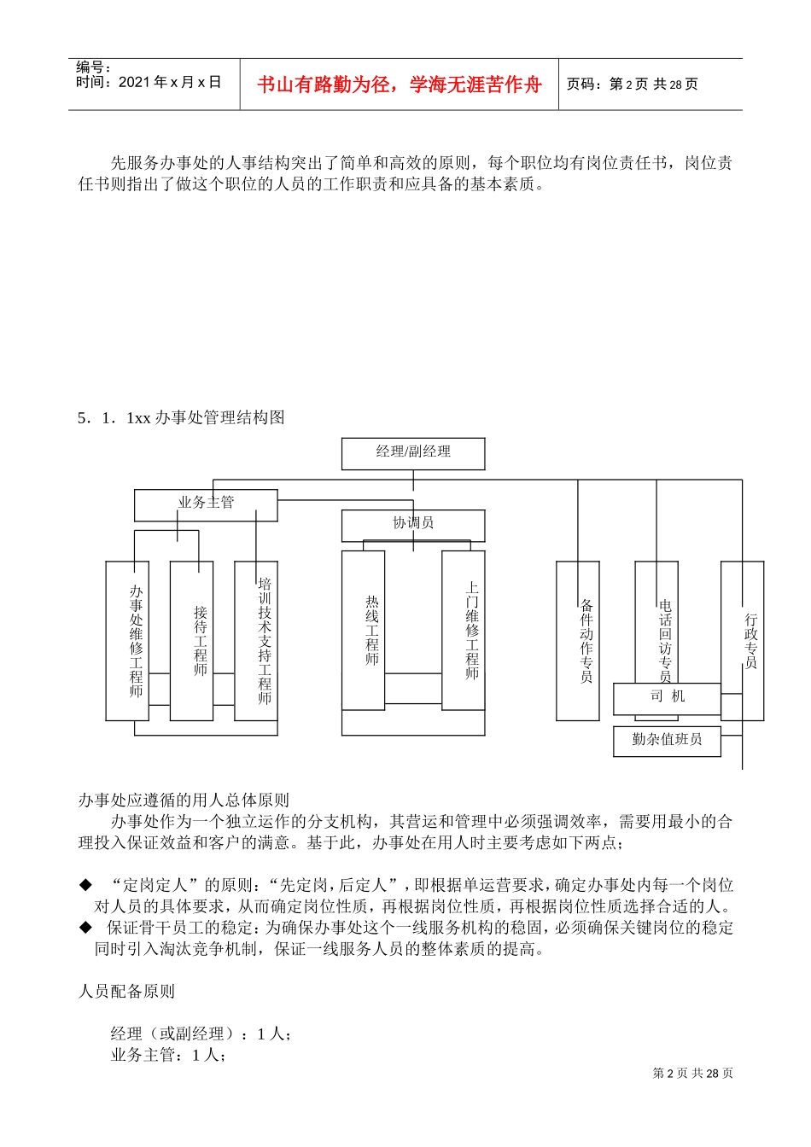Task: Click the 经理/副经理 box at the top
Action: (x=413, y=453)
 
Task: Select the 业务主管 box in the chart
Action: (x=206, y=504)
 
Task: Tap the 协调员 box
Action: (x=413, y=525)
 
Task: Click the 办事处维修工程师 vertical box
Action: (x=127, y=640)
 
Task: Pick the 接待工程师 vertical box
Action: (x=191, y=640)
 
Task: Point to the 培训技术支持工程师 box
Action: (x=256, y=640)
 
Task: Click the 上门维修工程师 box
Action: (x=464, y=630)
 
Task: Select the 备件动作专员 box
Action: (x=578, y=640)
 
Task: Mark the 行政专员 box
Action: (x=743, y=640)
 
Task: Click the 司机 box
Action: (x=667, y=698)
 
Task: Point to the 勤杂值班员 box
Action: (x=667, y=741)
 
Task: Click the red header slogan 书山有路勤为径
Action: (x=400, y=84)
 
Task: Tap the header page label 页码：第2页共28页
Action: (x=633, y=84)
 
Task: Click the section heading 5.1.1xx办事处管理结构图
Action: (x=181, y=417)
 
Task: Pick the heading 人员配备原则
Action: (x=126, y=991)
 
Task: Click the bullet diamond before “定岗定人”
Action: (x=85, y=885)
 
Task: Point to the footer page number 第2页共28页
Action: (x=692, y=1073)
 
